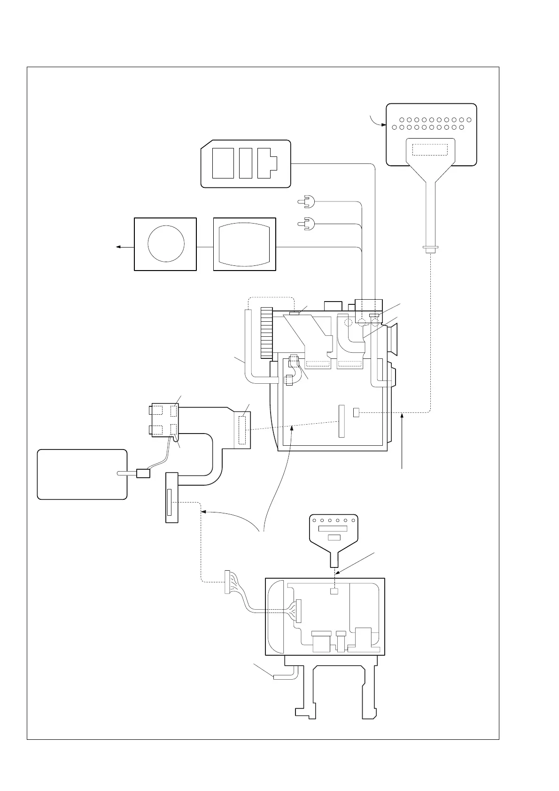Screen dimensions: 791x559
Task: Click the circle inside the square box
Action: click(166, 244)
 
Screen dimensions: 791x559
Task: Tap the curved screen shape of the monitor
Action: click(244, 244)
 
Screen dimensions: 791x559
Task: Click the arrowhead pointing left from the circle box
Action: click(118, 247)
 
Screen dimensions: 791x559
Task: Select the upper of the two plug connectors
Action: click(306, 202)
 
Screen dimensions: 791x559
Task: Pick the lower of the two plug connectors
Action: click(306, 224)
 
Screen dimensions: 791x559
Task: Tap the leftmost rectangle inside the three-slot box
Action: click(223, 163)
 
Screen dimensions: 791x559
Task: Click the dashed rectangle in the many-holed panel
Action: click(430, 150)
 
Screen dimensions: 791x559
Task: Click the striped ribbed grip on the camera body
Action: click(267, 332)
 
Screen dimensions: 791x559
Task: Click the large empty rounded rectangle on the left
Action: click(82, 474)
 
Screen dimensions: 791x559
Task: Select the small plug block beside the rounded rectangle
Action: click(143, 473)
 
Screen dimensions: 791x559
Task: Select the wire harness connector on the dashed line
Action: click(228, 582)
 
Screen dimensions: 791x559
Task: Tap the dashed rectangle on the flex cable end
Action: click(242, 429)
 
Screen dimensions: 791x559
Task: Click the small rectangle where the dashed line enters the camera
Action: click(356, 412)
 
